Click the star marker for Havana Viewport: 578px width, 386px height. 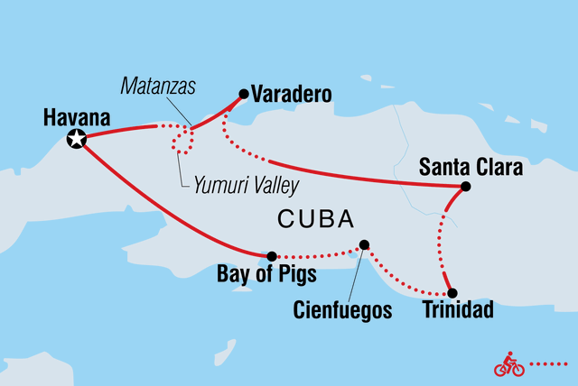click(x=77, y=139)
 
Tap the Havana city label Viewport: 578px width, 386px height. click(x=76, y=117)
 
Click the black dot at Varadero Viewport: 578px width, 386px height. click(x=243, y=92)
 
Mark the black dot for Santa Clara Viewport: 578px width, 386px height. click(x=465, y=188)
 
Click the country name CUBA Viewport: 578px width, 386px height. click(x=315, y=220)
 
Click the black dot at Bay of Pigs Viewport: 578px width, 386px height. click(x=272, y=256)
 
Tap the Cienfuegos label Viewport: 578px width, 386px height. click(x=344, y=311)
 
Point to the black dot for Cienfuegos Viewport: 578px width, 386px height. click(x=364, y=244)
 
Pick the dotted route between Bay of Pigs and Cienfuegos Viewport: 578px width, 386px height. click(x=316, y=254)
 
